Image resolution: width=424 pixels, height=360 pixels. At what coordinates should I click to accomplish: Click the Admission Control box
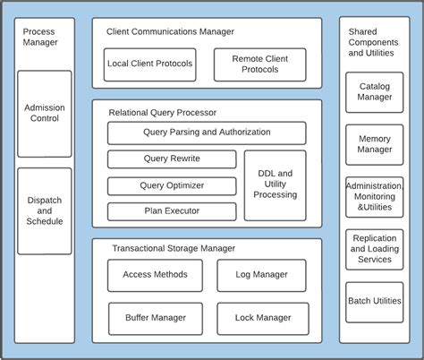click(45, 114)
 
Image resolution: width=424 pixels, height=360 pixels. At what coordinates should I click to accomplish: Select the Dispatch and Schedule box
click(45, 210)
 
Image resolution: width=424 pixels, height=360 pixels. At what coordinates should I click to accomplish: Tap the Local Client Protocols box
click(149, 64)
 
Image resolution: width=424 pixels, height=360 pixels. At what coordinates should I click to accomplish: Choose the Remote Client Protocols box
click(259, 64)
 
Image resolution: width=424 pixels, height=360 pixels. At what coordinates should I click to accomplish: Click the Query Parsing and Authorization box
click(207, 133)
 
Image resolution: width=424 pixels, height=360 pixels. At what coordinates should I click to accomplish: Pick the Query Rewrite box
click(172, 159)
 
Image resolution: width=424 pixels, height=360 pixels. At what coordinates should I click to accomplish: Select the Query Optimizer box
click(172, 185)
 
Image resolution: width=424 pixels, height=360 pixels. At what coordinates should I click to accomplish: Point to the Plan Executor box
click(172, 211)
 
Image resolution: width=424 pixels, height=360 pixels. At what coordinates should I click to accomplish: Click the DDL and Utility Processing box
click(276, 184)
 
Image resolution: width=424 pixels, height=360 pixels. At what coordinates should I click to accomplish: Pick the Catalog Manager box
click(375, 92)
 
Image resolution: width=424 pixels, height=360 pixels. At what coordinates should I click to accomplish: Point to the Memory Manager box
click(375, 144)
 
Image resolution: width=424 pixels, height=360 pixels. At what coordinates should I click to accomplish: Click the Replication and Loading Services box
click(375, 249)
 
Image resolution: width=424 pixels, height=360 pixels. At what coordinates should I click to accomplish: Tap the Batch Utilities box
click(375, 302)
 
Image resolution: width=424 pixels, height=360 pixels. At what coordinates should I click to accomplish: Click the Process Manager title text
click(39, 37)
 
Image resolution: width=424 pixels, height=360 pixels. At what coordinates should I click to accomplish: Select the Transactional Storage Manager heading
click(174, 248)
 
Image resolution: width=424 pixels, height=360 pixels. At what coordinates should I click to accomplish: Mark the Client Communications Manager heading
click(170, 31)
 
